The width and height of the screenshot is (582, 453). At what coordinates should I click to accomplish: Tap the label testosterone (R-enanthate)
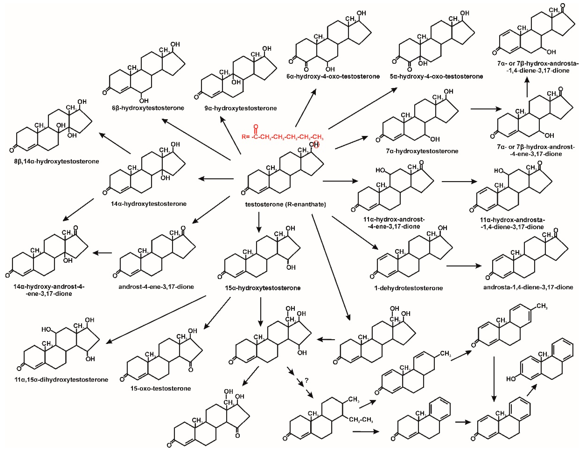coord(285,204)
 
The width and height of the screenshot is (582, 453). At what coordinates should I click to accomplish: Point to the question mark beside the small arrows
coord(306,380)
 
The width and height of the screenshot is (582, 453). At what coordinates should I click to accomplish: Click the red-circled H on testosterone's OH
coord(316,144)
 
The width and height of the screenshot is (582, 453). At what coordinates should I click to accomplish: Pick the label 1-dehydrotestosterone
coord(408,288)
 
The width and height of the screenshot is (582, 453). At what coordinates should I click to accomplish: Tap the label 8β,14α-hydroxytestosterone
coord(56,161)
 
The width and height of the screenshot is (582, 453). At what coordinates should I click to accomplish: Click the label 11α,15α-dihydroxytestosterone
coord(61,380)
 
